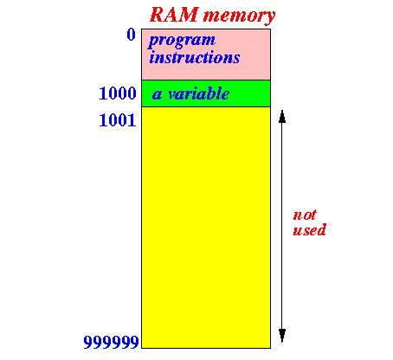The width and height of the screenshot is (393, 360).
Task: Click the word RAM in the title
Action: coord(174,15)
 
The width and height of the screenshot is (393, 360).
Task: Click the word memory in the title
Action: coord(240,16)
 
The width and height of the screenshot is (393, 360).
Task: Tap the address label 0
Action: coord(132,35)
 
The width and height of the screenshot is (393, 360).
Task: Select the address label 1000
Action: coord(118,93)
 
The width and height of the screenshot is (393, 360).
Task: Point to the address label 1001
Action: coord(118,120)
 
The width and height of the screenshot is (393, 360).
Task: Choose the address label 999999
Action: coord(111,342)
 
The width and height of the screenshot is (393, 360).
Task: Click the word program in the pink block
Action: coord(182,41)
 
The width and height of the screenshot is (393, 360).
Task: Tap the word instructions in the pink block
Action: coord(195,57)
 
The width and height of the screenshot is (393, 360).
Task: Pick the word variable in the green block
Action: coord(199,93)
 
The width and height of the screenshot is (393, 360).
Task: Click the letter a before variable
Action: coord(157,95)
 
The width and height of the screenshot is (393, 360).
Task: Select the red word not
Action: coord(305,215)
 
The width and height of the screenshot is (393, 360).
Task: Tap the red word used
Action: coord(310,230)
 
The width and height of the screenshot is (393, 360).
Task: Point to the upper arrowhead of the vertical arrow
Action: coord(282,116)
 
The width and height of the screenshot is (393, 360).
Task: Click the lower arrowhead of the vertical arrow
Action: coord(282,336)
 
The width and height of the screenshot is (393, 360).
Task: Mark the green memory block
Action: coord(206,93)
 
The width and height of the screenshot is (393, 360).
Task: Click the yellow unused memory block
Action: coord(206,228)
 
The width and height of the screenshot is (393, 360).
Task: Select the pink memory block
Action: coord(206,55)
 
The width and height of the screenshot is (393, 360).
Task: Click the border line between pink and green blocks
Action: coord(206,80)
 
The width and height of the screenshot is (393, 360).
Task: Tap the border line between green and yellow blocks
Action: coord(206,107)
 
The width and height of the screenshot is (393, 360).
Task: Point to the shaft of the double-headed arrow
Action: coord(282,226)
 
